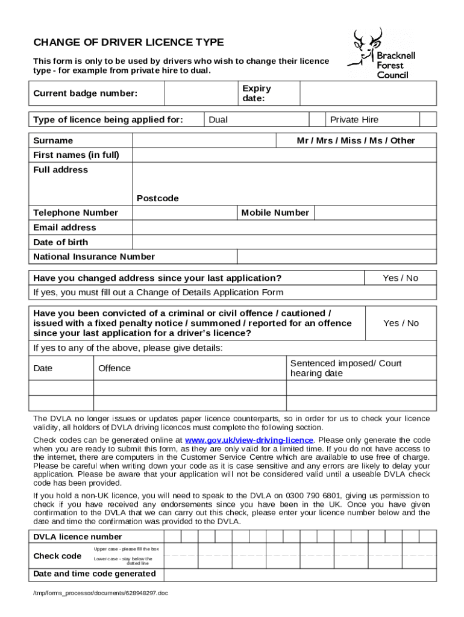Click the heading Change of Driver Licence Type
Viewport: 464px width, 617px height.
pyautogui.click(x=128, y=42)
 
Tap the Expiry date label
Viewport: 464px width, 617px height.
pyautogui.click(x=257, y=93)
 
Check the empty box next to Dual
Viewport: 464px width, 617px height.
pyautogui.click(x=317, y=119)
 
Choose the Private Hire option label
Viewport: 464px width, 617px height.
pyautogui.click(x=354, y=119)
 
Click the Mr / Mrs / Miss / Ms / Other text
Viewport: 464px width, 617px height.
pyautogui.click(x=356, y=140)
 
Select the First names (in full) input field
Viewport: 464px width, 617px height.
pyautogui.click(x=283, y=155)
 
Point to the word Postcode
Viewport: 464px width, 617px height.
pyautogui.click(x=158, y=198)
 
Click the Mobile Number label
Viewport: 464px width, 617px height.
pyautogui.click(x=275, y=213)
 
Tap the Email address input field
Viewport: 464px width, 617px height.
pyautogui.click(x=283, y=227)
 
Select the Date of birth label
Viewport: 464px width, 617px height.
pyautogui.click(x=61, y=242)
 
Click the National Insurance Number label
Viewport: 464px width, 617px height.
pyautogui.click(x=94, y=257)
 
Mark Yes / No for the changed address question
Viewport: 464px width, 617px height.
pyautogui.click(x=400, y=278)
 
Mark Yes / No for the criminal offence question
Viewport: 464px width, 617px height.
pyautogui.click(x=400, y=323)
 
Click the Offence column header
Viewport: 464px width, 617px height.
pyautogui.click(x=114, y=368)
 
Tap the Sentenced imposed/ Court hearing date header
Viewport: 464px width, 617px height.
pyautogui.click(x=345, y=368)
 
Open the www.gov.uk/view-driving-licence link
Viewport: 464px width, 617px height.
pyautogui.click(x=249, y=440)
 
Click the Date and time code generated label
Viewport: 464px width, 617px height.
pyautogui.click(x=95, y=574)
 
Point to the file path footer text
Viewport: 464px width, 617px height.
pyautogui.click(x=101, y=593)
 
